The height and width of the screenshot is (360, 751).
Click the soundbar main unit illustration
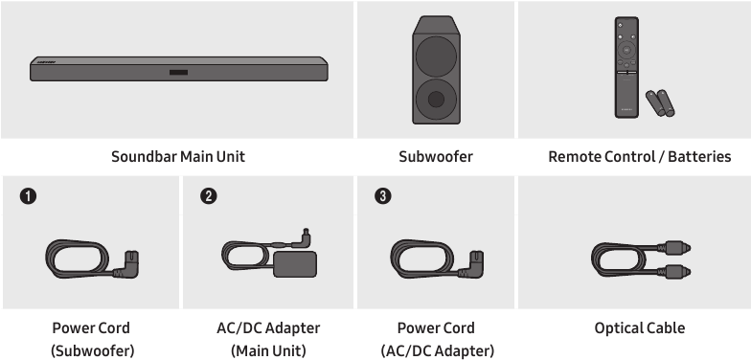point(179,69)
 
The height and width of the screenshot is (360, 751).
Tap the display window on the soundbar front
point(178,73)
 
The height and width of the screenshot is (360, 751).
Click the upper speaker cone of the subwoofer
point(436,56)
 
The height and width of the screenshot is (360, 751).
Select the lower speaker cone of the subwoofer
point(436,100)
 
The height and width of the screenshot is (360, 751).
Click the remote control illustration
point(626,67)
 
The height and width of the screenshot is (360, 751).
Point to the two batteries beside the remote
point(660,103)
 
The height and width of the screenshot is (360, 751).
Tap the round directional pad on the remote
point(626,50)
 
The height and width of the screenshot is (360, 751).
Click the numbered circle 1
point(29,196)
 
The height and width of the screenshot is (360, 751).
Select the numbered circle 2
point(209,195)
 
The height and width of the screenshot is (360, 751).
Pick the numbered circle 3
point(383,195)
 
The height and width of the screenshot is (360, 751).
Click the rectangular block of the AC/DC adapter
point(295,264)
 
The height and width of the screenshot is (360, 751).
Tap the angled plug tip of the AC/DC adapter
point(306,236)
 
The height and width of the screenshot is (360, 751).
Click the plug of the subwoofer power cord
point(127,264)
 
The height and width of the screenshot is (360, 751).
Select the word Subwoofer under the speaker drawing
point(436,157)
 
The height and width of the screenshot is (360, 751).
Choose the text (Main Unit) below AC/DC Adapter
point(268,350)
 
